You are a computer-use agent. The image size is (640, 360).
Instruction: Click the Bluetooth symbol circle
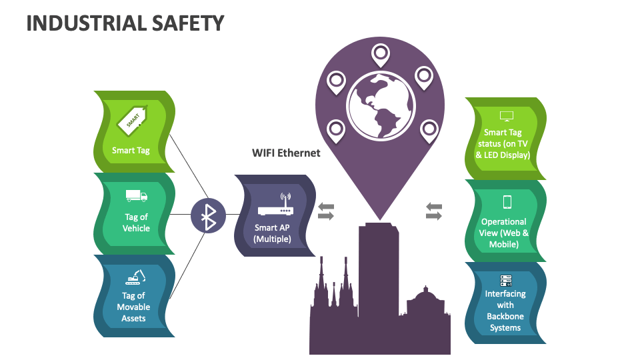(x=209, y=215)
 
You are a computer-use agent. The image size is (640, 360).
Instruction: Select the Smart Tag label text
(x=131, y=150)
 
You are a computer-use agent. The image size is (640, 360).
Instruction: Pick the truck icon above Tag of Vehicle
(x=136, y=196)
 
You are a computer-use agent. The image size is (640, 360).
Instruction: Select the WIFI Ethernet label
(x=286, y=153)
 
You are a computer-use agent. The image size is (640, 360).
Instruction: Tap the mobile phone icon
(x=507, y=202)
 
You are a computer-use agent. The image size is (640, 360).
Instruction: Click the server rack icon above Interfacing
(x=505, y=281)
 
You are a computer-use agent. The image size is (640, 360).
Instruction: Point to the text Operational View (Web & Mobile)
(x=505, y=233)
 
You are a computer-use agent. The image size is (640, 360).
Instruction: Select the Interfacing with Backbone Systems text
(x=505, y=311)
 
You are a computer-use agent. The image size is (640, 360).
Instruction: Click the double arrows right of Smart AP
(x=325, y=211)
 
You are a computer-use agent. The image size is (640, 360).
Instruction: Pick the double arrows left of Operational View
(x=434, y=211)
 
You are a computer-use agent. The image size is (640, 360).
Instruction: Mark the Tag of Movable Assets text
(x=133, y=307)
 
